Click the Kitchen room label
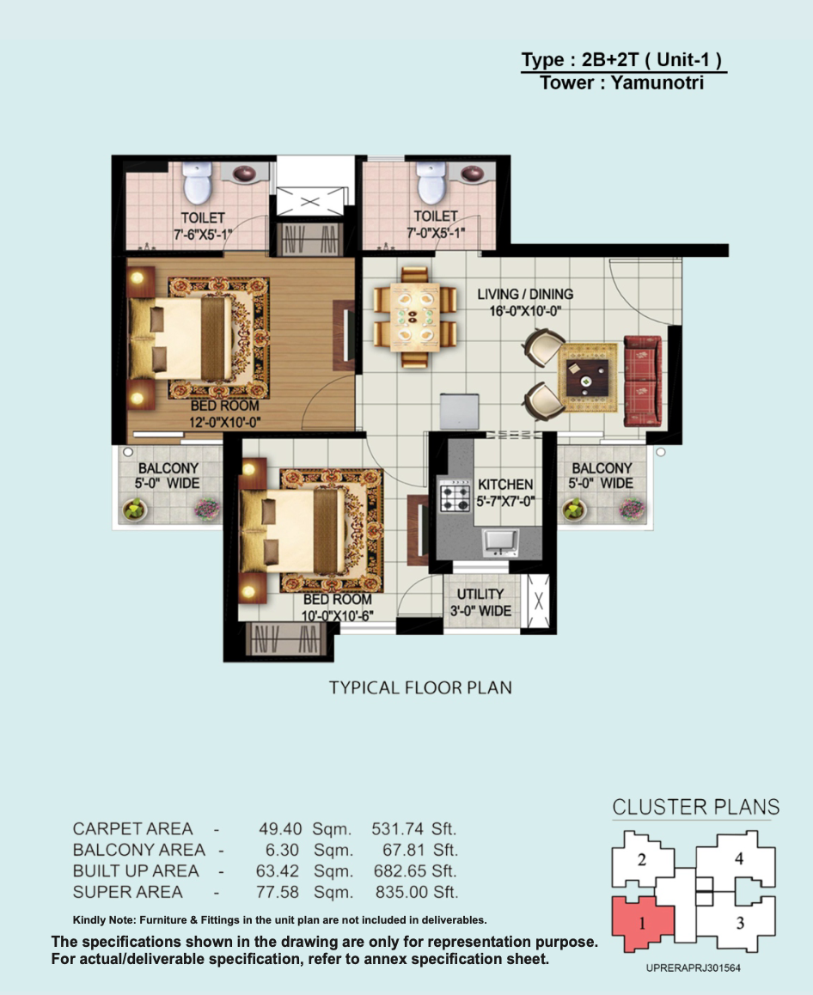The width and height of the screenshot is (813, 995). tap(505, 484)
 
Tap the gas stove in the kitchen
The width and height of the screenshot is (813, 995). tap(455, 497)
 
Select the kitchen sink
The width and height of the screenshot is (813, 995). tap(501, 542)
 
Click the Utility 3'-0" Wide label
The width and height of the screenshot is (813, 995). tap(480, 602)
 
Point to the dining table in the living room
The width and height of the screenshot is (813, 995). tap(414, 317)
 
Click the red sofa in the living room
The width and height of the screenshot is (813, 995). tap(642, 381)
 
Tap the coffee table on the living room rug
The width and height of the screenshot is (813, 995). tap(586, 378)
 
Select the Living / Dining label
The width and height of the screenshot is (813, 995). tap(525, 295)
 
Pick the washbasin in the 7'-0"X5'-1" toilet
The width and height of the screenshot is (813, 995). tap(472, 174)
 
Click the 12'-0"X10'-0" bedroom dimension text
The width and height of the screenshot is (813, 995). tap(224, 423)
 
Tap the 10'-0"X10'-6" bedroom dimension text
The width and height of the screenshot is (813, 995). tap(337, 616)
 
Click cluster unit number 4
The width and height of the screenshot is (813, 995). tap(739, 858)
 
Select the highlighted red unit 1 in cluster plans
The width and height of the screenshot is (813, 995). tap(642, 924)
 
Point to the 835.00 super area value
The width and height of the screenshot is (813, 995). tap(401, 892)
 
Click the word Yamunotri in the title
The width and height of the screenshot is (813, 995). tap(657, 82)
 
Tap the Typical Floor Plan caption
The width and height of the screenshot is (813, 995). tap(420, 688)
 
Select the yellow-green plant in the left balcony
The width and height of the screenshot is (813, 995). tap(135, 509)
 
